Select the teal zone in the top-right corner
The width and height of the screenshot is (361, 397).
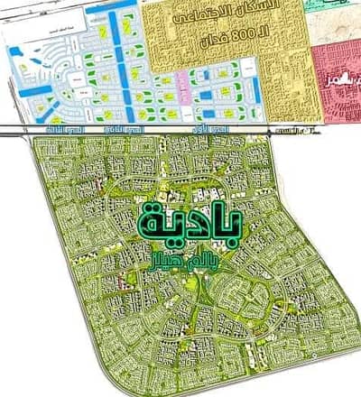click(339, 6)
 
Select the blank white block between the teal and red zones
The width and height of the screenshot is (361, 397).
click(334, 27)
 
